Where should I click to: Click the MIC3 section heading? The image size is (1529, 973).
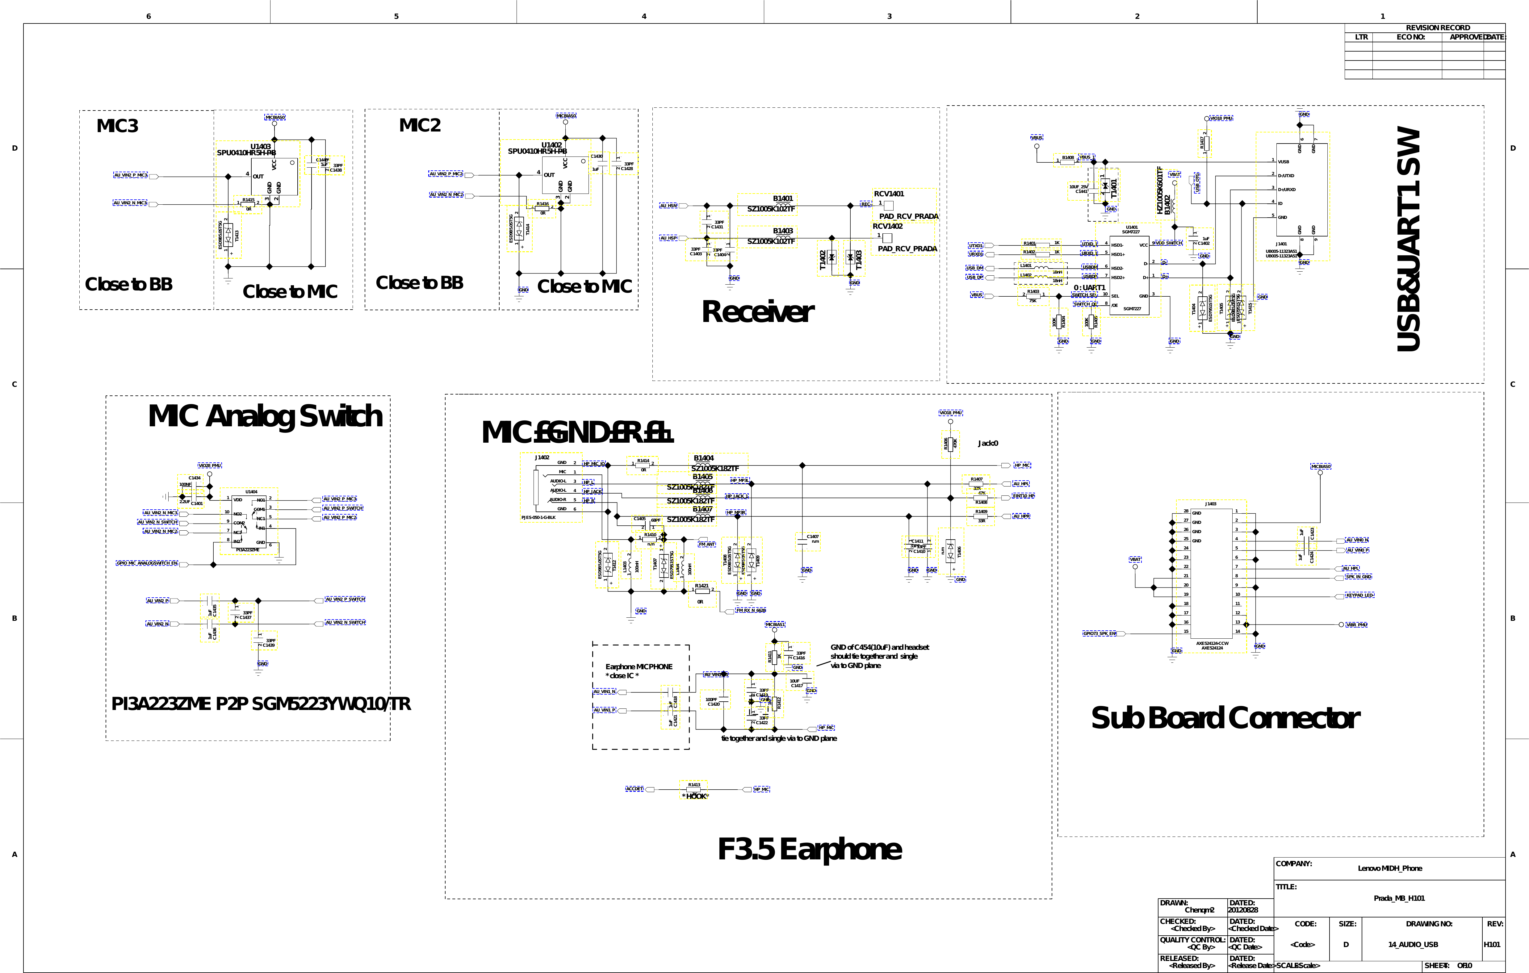(x=117, y=126)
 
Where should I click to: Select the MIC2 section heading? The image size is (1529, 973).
(x=420, y=125)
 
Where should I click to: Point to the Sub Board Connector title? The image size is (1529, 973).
(x=1225, y=718)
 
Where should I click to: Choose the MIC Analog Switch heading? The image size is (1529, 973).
(x=266, y=416)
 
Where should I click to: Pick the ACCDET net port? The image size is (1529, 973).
(x=634, y=789)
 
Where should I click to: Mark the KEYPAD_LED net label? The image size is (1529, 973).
(x=1359, y=595)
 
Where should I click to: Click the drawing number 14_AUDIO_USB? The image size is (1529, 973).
(x=1413, y=944)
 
